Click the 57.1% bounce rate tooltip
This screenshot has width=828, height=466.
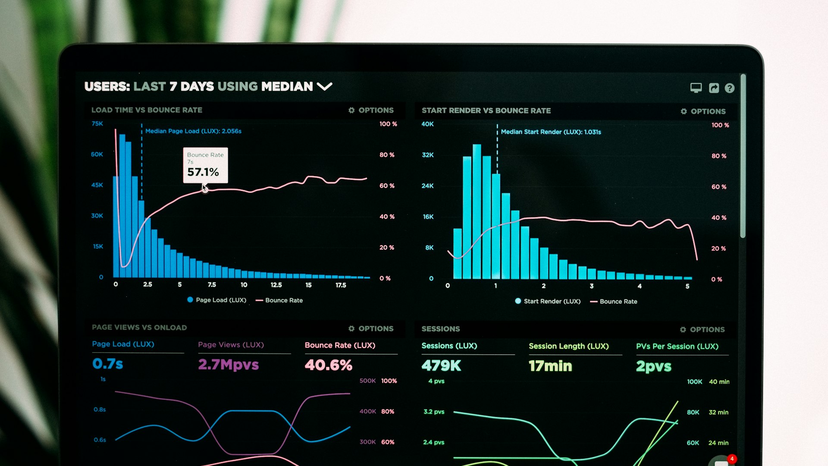coord(205,166)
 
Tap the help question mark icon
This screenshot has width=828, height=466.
coord(729,88)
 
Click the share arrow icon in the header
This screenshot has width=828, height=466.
coord(714,88)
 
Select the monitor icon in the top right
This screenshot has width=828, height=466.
coord(696,88)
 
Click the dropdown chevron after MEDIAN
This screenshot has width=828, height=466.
coord(324,86)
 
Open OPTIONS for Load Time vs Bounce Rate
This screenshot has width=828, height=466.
coord(371,110)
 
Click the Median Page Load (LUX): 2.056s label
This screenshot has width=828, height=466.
coord(193,131)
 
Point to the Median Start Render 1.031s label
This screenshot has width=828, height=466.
coord(551,132)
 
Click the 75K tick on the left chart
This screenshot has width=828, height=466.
coord(97,124)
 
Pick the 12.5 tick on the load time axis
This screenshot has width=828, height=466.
coord(276,285)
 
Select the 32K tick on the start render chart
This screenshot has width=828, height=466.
coord(428,155)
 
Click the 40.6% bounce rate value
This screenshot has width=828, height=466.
coord(328,365)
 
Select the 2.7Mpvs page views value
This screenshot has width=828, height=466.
coord(228,365)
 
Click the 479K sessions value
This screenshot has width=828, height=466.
coord(441,366)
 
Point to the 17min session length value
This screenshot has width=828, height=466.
coord(550,366)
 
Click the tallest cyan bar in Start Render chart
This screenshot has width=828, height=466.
coord(477,211)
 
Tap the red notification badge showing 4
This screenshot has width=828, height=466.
coord(732,459)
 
